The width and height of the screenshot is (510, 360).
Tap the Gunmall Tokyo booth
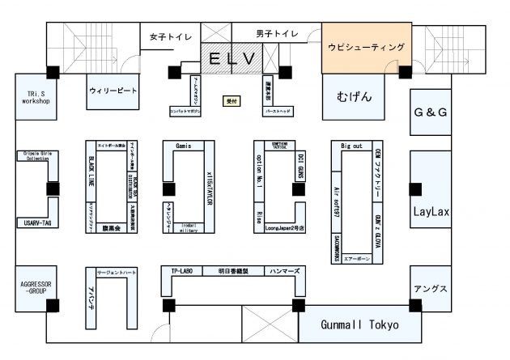[359, 325]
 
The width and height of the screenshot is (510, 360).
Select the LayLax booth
[431, 213]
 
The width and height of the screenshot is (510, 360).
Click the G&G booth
[431, 112]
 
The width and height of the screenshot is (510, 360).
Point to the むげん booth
[354, 96]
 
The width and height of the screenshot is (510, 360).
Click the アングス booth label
[430, 289]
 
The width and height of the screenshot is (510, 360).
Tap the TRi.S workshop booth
[36, 97]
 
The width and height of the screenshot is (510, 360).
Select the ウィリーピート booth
[113, 91]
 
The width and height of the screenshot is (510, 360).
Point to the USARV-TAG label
[36, 222]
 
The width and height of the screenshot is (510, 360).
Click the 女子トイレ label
[169, 36]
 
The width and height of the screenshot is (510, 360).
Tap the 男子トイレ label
[277, 34]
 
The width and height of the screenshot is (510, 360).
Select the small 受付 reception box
[232, 101]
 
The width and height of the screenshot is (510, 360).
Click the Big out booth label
[351, 146]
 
